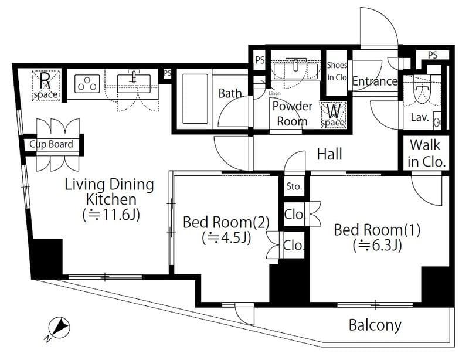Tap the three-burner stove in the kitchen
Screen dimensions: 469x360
point(87,83)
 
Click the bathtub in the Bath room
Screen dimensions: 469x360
point(195,99)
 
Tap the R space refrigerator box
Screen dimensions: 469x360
point(46,86)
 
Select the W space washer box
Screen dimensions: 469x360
point(333,115)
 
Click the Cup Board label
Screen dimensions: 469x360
point(51,144)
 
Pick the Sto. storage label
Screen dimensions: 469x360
point(294,186)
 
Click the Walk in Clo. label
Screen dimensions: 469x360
point(426,153)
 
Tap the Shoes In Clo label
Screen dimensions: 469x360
point(337,71)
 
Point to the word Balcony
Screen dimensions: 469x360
point(375,325)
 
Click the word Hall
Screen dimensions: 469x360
point(329,154)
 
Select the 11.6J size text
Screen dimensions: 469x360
point(111,215)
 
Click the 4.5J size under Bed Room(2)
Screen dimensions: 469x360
point(226,238)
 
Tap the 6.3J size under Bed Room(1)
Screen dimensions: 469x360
point(377,246)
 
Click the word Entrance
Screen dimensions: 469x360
point(375,81)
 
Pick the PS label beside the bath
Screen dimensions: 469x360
point(167,73)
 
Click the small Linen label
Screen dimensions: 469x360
point(274,93)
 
